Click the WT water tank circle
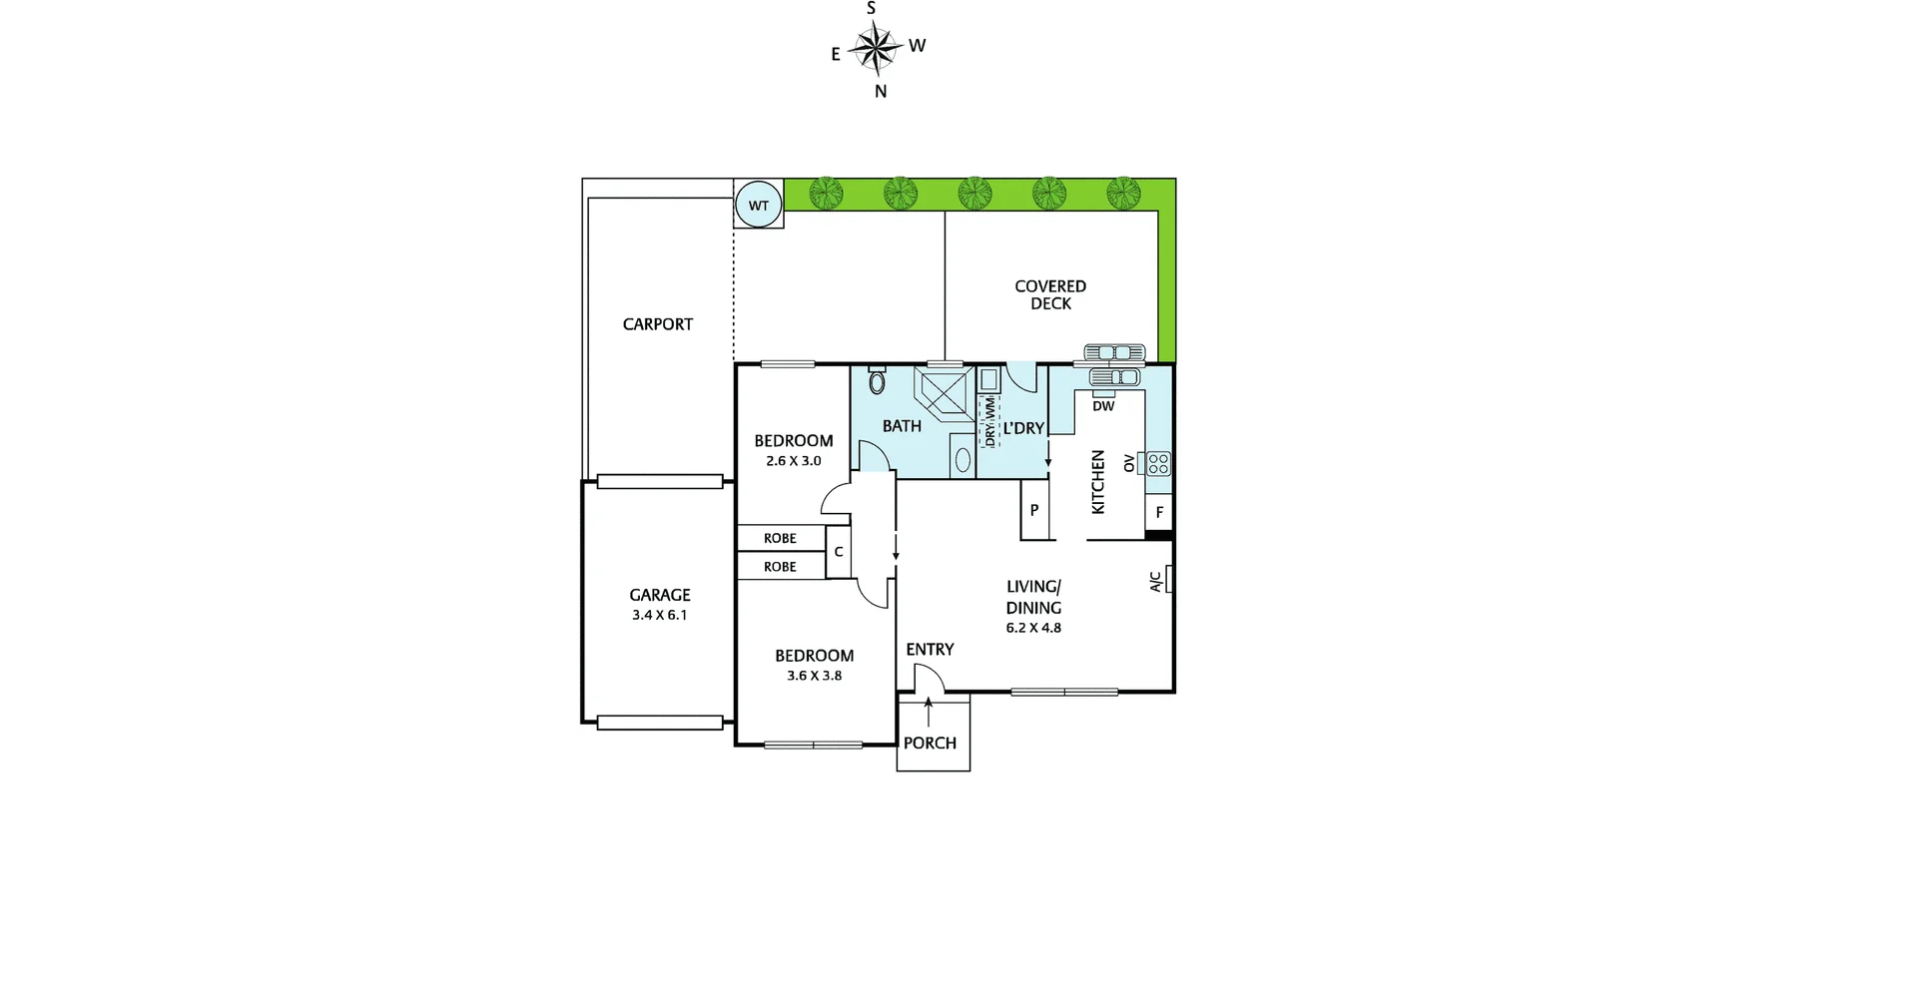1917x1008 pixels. [759, 206]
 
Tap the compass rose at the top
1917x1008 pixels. [876, 48]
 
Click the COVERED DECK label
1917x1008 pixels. [1050, 294]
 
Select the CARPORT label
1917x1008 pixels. [657, 324]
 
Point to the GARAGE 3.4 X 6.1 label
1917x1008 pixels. [659, 605]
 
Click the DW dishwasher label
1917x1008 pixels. [1103, 406]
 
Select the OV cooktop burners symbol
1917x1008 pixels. [1158, 463]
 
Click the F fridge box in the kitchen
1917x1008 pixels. [1159, 512]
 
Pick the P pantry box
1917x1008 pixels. [1034, 510]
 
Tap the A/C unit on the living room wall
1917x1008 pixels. [1165, 579]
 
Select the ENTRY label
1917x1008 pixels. [930, 650]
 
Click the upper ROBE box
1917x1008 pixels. [781, 538]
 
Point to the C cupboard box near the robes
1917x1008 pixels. [839, 552]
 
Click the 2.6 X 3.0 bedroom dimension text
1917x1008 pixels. [793, 461]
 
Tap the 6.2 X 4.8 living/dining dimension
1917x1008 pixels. [1033, 628]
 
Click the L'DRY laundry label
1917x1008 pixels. [1023, 428]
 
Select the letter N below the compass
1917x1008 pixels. [881, 92]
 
